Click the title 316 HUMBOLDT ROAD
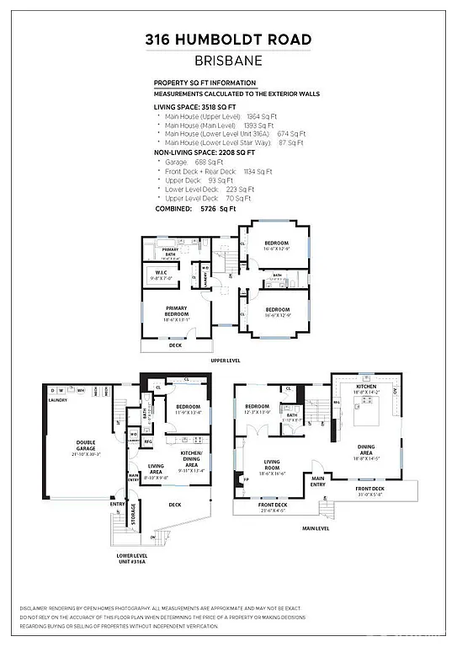pyautogui.click(x=228, y=40)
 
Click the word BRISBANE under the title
pyautogui.click(x=228, y=60)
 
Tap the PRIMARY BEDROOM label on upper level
pyautogui.click(x=177, y=313)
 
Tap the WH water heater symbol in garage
pyautogui.click(x=81, y=390)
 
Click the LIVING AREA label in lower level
pyautogui.click(x=157, y=468)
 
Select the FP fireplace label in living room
pyautogui.click(x=247, y=481)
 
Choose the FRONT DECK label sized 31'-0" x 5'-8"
pyautogui.click(x=369, y=491)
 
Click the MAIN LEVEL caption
pyautogui.click(x=316, y=530)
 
